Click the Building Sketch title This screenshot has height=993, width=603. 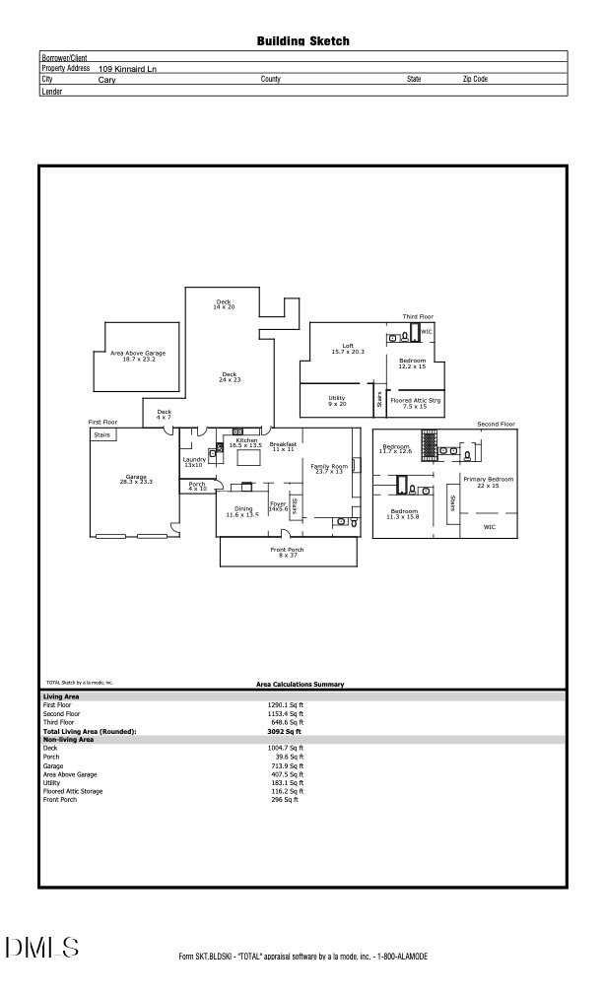302,41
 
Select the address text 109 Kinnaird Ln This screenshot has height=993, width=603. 127,69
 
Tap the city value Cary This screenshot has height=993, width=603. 107,79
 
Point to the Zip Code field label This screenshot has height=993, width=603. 475,79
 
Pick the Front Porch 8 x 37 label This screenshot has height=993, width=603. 287,552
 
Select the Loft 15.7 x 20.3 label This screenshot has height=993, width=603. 348,348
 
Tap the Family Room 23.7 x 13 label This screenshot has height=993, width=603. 329,468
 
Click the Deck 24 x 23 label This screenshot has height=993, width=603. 230,376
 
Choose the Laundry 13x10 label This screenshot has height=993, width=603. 193,461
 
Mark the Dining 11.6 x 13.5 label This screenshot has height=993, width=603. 242,511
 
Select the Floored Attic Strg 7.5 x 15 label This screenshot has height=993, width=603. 415,403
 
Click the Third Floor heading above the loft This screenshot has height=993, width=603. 418,316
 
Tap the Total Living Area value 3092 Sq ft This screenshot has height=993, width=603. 285,732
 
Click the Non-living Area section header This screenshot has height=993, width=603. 68,740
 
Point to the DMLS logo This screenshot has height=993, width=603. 42,948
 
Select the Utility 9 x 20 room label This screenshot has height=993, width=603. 337,401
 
